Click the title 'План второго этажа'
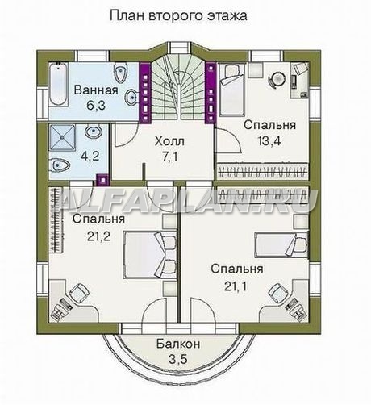click(178, 15)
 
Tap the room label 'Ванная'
click(96, 90)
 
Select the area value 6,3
click(96, 105)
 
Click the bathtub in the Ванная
click(57, 85)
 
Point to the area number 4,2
click(90, 156)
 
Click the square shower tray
click(62, 138)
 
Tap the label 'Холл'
click(169, 141)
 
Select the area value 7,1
click(169, 157)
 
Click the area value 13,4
click(269, 140)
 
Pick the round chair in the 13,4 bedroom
click(277, 79)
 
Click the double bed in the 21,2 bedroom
click(150, 254)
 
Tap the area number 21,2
click(98, 236)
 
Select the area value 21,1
click(236, 286)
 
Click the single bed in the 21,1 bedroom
click(281, 245)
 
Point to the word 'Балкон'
click(178, 344)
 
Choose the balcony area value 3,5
click(177, 359)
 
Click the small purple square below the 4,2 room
click(102, 180)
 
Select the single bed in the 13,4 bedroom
click(231, 90)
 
